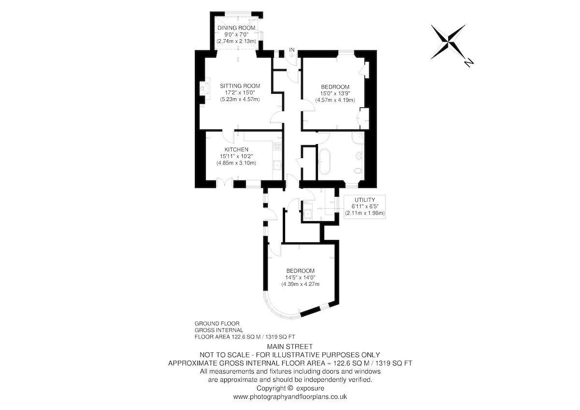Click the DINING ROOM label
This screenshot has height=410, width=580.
(236, 28)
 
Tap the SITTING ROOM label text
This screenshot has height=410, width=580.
(240, 86)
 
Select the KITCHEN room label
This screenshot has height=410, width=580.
(236, 149)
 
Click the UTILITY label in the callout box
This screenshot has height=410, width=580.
(365, 200)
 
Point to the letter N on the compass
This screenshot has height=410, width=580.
(469, 63)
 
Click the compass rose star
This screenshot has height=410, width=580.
(448, 42)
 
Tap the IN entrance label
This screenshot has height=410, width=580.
(292, 50)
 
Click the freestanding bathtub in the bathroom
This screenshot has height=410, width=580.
(324, 161)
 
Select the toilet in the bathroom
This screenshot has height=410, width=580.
(359, 171)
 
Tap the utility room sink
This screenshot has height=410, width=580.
(307, 214)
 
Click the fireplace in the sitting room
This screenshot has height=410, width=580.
(204, 88)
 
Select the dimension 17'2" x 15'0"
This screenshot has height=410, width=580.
(240, 92)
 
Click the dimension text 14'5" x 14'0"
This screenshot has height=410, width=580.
(300, 278)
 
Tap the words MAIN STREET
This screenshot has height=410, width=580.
(290, 346)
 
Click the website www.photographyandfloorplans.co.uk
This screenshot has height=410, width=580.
(290, 397)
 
